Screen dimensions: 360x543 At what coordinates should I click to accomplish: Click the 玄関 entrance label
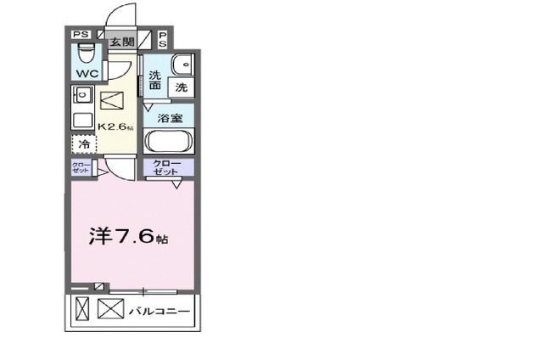(121, 41)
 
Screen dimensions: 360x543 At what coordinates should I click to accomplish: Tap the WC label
(87, 74)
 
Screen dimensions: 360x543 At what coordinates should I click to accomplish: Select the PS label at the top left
(81, 34)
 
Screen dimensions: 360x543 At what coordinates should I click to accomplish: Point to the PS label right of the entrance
(162, 39)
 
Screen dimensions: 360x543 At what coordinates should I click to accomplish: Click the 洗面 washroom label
(155, 80)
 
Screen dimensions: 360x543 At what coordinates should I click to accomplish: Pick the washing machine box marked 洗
(181, 86)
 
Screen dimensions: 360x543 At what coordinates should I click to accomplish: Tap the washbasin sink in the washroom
(181, 64)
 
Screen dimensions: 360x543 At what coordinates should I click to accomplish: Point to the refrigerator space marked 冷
(83, 145)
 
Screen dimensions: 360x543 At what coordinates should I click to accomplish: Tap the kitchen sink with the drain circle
(83, 96)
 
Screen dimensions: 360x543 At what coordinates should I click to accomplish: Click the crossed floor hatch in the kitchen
(112, 101)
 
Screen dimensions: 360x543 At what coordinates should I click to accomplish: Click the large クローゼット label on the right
(168, 167)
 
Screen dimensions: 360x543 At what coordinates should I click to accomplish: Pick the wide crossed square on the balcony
(110, 311)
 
